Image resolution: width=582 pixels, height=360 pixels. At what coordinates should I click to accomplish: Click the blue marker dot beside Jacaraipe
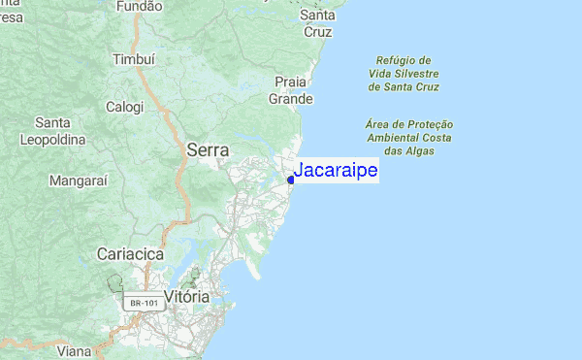pos(291,179)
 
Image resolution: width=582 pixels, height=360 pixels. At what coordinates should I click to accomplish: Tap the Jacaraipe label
pos(336,171)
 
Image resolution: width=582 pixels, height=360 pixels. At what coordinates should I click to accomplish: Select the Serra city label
pos(208,150)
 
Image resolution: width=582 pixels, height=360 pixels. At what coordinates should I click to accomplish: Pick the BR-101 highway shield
pos(144,304)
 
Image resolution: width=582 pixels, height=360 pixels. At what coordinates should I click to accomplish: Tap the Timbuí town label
pos(134,58)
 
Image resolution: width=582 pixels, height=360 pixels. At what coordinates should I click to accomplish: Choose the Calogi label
pos(124,107)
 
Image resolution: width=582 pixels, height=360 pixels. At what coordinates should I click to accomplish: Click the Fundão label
pos(139,7)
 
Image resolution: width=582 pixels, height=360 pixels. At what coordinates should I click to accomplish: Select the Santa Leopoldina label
pos(51,131)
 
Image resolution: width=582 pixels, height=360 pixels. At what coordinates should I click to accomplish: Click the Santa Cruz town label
pos(317,23)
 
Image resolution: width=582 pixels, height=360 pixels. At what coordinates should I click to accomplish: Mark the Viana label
pos(74,352)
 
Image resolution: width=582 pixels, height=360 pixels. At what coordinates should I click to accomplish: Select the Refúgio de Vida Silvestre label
pos(404,73)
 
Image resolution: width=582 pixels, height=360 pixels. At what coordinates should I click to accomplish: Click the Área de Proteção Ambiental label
pos(410,138)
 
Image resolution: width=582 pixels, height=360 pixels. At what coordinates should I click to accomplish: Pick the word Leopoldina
pos(52,140)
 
